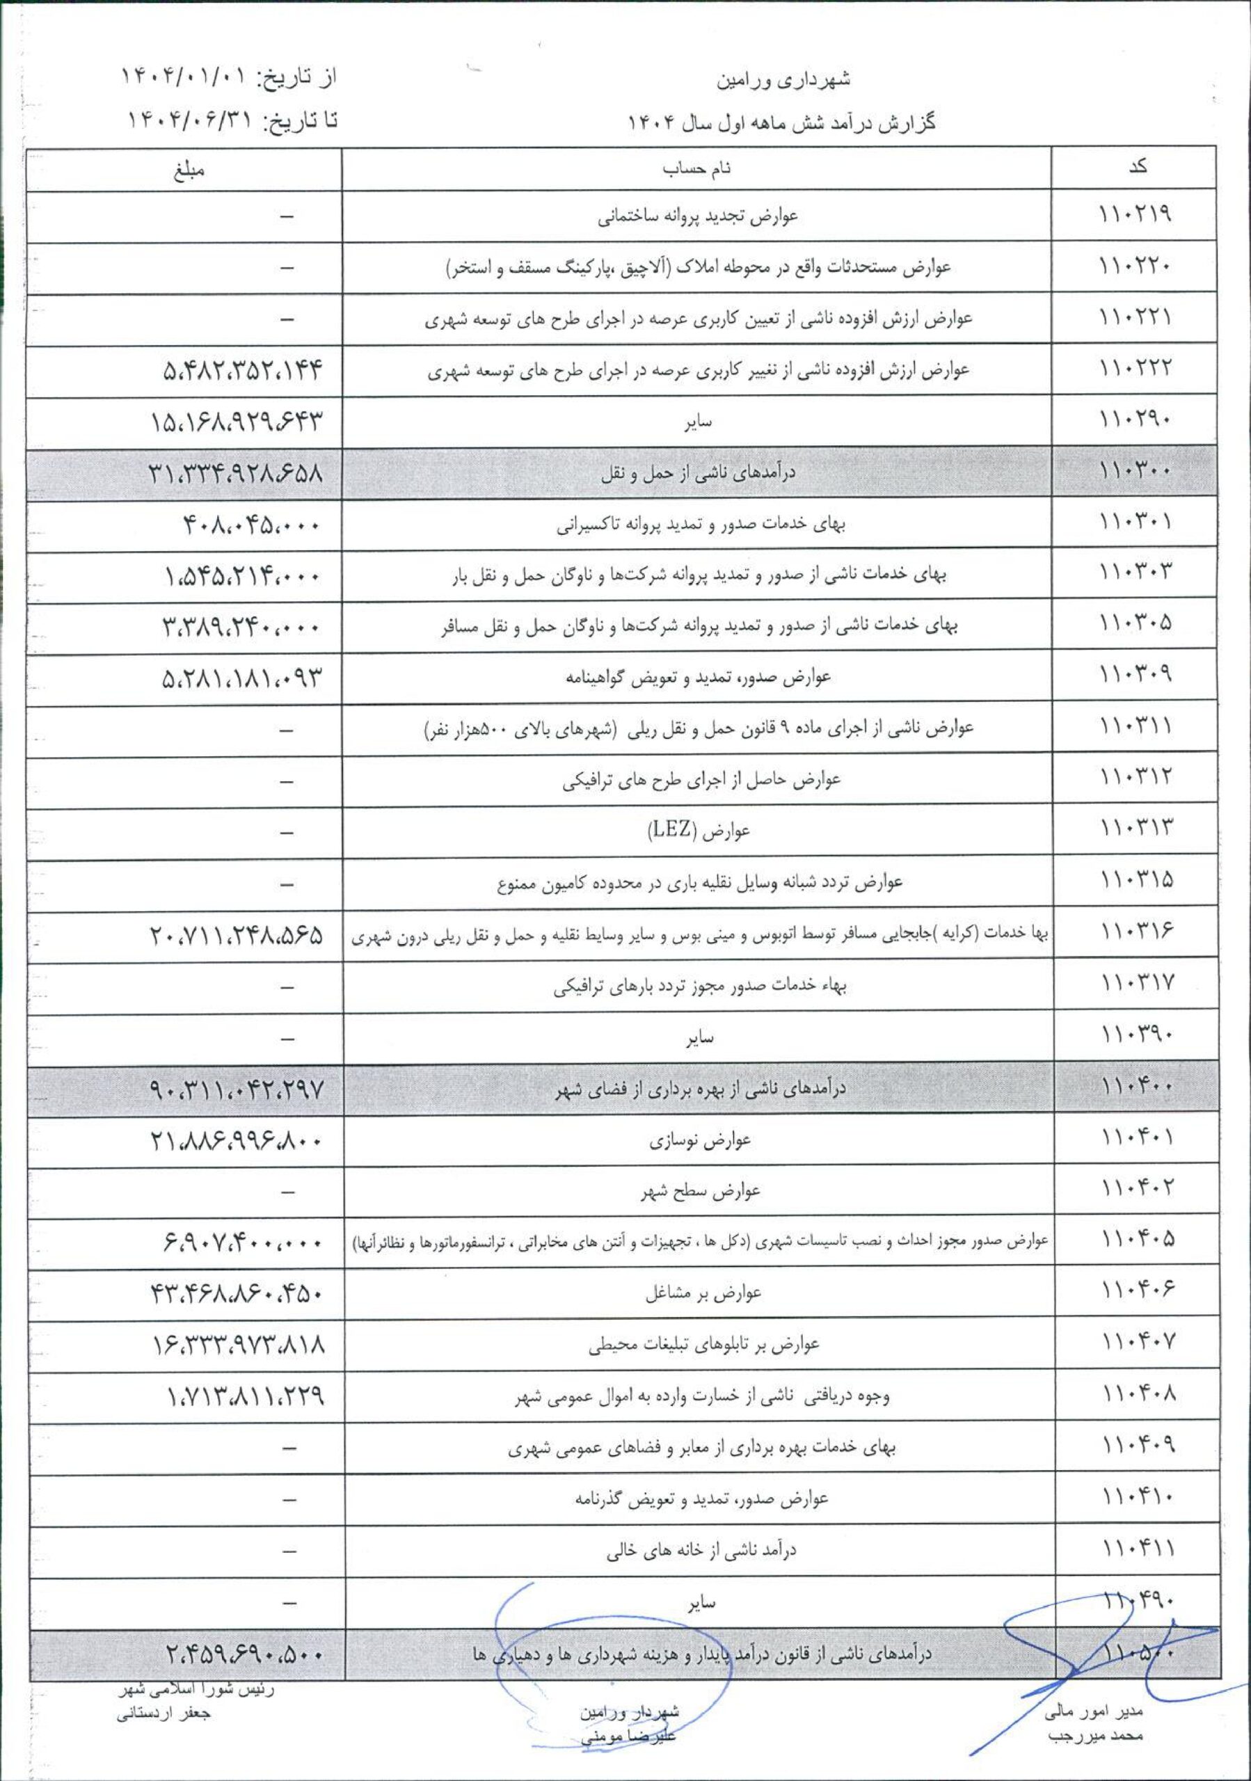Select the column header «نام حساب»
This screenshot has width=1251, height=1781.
pos(698,168)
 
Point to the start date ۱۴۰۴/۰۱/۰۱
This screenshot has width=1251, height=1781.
pos(184,77)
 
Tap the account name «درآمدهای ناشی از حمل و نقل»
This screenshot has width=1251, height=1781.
pos(698,472)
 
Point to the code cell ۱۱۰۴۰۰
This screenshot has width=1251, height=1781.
pos(1136,1087)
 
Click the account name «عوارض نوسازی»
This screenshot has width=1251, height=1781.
pos(701,1140)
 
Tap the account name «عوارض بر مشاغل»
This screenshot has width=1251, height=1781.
pos(703,1293)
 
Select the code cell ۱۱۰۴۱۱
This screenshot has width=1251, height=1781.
pos(1136,1549)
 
